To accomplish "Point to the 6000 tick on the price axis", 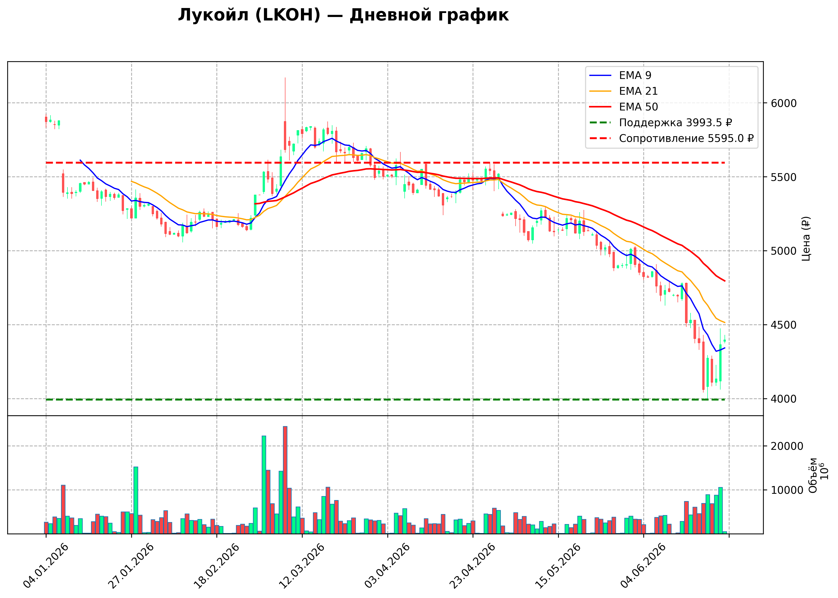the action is pos(784,103).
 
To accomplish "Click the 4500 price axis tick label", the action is pos(784,325).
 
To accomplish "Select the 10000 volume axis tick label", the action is pos(787,490).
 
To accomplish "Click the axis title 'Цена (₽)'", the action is pos(806,239).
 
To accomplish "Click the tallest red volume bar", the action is pos(285,480).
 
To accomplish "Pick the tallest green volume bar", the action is pos(264,485).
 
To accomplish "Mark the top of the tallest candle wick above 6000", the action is pos(285,77).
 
